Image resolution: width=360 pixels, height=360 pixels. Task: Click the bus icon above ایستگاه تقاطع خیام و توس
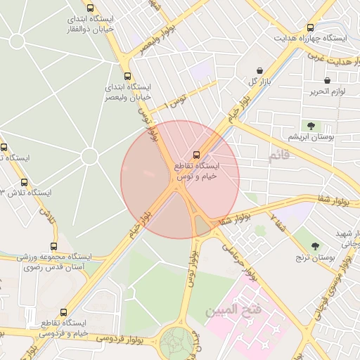(196, 154)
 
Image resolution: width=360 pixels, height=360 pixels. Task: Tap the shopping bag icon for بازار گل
(262, 71)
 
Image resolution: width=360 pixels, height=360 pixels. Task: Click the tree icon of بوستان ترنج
(314, 246)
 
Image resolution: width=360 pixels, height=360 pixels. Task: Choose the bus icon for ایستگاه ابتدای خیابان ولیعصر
(127, 76)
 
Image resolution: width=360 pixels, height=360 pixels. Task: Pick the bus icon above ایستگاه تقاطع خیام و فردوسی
(64, 312)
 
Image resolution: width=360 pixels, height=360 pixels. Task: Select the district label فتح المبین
(233, 309)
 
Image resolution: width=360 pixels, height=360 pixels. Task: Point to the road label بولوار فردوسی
(123, 337)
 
